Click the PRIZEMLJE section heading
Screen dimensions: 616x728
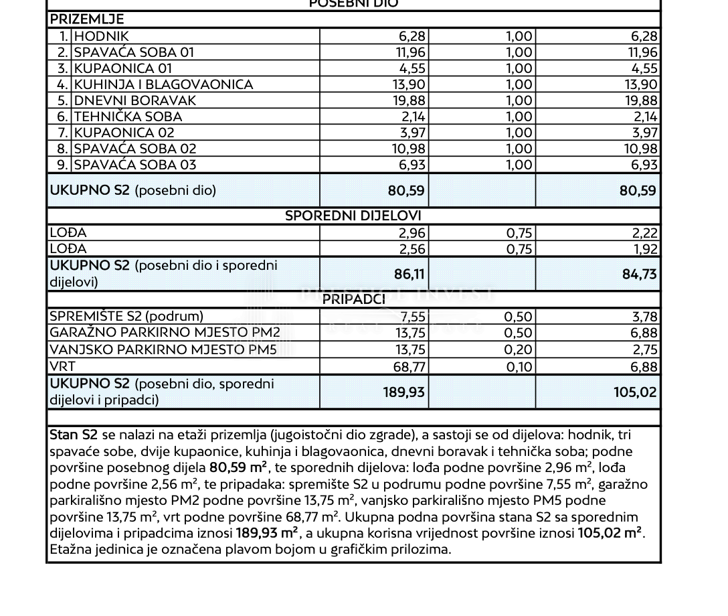tap(87, 20)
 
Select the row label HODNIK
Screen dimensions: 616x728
tap(101, 36)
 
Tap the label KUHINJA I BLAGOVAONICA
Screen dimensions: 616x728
tap(163, 84)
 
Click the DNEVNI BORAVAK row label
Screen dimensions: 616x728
tap(135, 100)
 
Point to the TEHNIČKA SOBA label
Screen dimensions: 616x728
tap(128, 117)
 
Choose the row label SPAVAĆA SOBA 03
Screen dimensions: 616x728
tap(135, 165)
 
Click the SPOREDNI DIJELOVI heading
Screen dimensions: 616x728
tap(353, 216)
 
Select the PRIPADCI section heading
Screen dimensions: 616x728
tap(353, 299)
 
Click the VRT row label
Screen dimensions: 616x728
tap(62, 366)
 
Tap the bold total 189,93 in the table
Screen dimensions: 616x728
tap(404, 392)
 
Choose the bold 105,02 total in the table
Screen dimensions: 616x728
tap(635, 392)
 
